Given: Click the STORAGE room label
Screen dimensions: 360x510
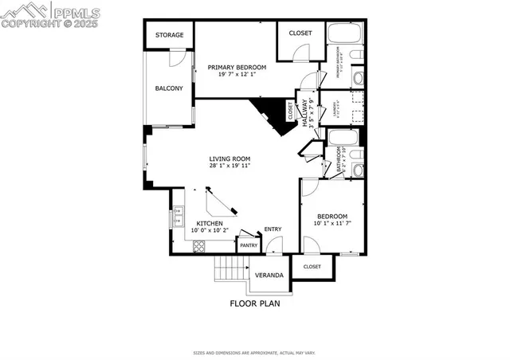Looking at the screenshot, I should click(169, 35).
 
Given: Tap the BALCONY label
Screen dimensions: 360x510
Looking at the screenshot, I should click(169, 88).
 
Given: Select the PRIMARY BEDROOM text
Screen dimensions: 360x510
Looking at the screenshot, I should click(237, 68).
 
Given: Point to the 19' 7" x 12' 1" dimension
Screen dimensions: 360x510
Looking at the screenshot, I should click(237, 75).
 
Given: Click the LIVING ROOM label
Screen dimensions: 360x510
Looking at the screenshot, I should click(230, 158).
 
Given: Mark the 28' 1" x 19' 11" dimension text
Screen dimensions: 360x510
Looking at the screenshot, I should click(230, 166).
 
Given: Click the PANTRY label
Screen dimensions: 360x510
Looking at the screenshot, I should click(249, 246).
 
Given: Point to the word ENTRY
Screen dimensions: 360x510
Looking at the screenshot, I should click(273, 229).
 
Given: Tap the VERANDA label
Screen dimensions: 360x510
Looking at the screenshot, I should click(269, 276).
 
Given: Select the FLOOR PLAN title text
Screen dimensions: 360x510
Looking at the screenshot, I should click(255, 303).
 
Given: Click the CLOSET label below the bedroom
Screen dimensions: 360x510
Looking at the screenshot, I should click(312, 267).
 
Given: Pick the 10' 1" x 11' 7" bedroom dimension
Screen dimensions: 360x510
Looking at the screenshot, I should click(332, 225).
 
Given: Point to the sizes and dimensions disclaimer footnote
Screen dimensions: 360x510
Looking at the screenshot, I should click(255, 353).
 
